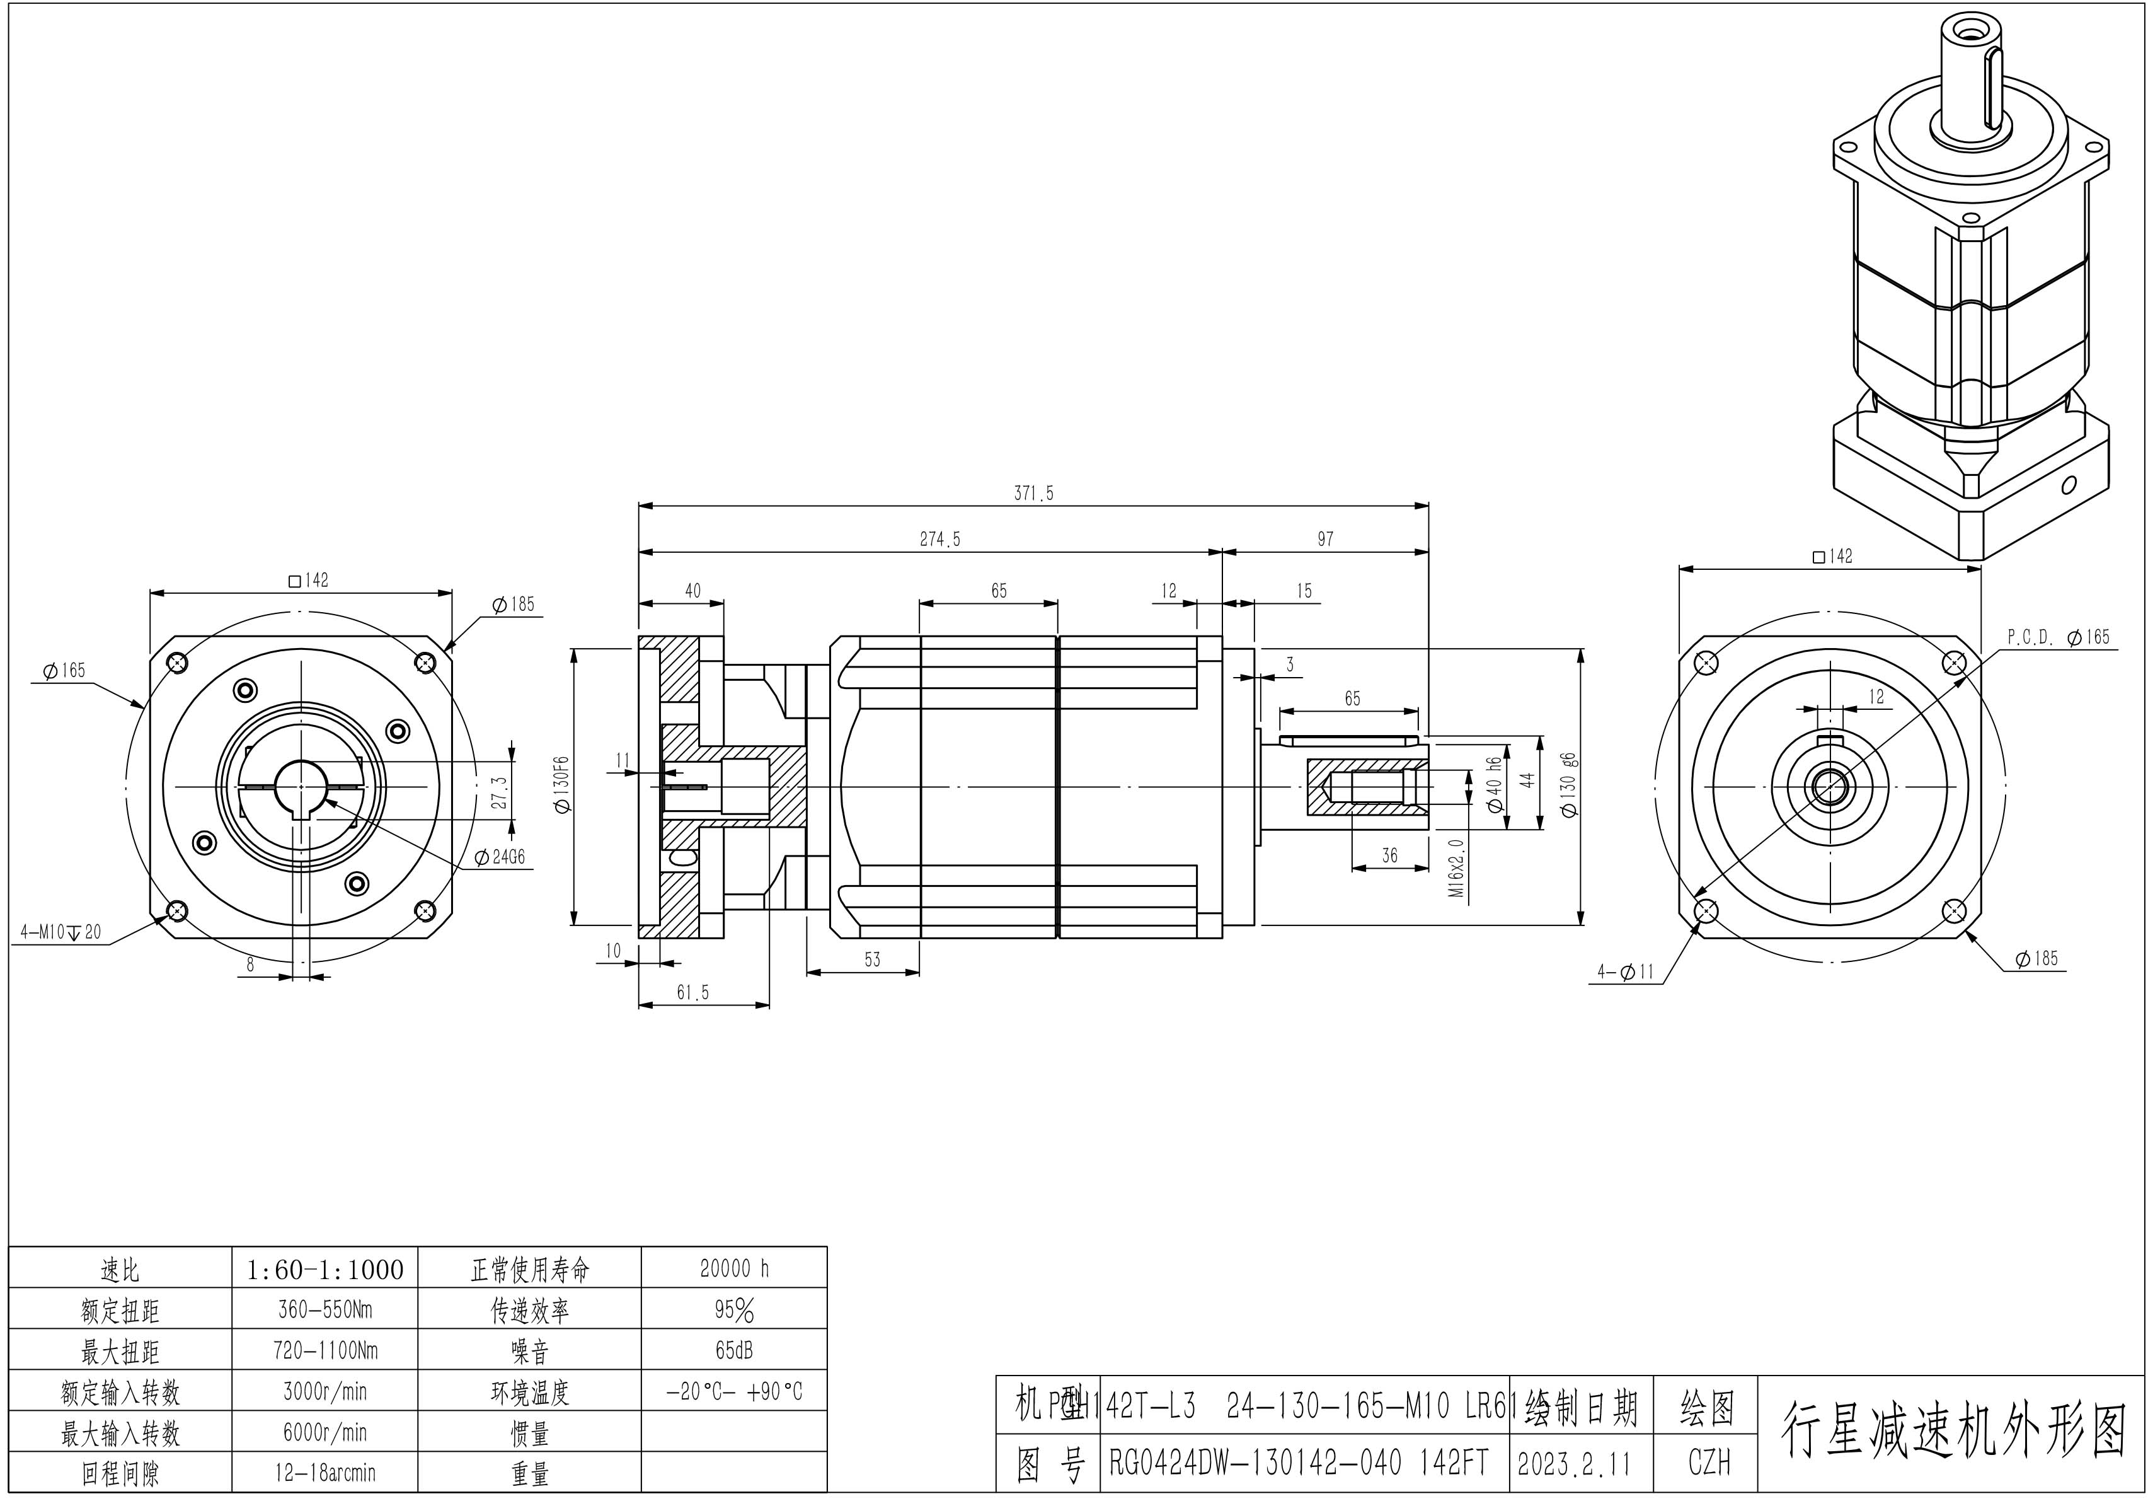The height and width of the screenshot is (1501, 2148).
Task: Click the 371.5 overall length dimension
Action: point(1034,493)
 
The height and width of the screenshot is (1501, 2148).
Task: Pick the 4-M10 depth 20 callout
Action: point(61,932)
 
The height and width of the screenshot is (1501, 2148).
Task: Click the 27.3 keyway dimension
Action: point(500,792)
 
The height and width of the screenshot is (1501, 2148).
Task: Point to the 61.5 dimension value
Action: point(692,994)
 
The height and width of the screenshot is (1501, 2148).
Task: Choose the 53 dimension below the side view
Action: point(872,960)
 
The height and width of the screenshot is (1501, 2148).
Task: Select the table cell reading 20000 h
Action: point(735,1269)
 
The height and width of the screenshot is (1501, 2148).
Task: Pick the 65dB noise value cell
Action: point(735,1350)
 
